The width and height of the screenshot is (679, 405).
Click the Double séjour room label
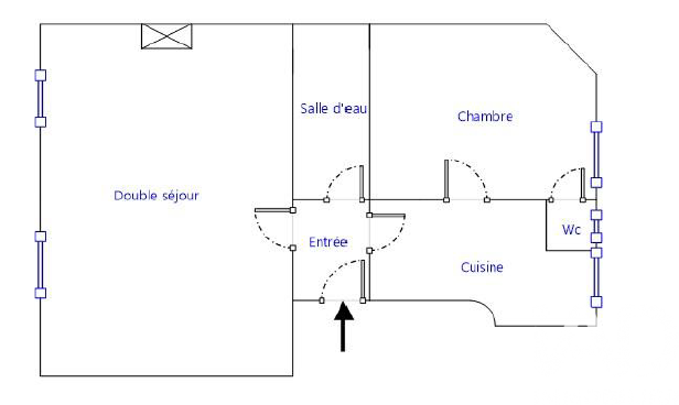point(156,195)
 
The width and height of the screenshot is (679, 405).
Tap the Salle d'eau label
point(333,108)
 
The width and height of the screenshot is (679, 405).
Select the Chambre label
point(485,116)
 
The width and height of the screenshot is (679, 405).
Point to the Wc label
point(571,229)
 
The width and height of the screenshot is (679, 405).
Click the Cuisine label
point(482,267)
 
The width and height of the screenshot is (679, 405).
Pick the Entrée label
point(328,242)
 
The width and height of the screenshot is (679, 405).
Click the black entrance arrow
point(344,327)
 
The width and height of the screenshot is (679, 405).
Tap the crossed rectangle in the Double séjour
point(167,37)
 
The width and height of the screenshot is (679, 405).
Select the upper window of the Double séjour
point(40,98)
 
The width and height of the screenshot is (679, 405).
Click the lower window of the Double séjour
point(40,265)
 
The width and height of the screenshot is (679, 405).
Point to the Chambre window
point(596,155)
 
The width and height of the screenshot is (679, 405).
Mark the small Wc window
point(596,227)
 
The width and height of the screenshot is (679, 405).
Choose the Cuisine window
point(596,277)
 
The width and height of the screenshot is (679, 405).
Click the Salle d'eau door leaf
point(362,182)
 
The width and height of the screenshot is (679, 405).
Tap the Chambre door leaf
point(446,180)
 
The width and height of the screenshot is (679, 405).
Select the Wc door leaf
point(583,184)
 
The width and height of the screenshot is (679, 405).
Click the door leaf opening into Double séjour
point(274,210)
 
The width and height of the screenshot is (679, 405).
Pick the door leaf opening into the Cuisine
point(387,216)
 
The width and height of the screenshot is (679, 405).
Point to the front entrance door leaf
point(363,280)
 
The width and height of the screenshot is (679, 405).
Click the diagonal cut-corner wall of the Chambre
point(572,49)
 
